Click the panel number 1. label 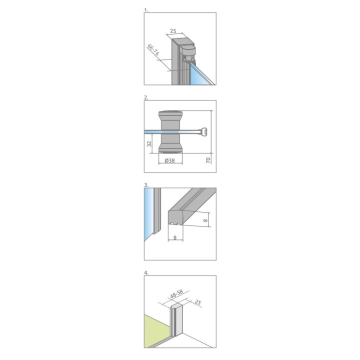[x=146, y=10]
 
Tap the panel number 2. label [x=146, y=97]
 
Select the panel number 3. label [x=146, y=185]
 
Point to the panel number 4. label [x=146, y=273]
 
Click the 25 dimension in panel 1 [x=173, y=31]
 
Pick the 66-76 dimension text [x=153, y=50]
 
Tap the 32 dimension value [x=149, y=143]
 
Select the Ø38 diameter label [x=169, y=160]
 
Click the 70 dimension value [x=208, y=160]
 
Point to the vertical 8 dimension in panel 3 [x=205, y=220]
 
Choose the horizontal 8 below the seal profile [x=175, y=238]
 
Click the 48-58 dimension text [x=176, y=294]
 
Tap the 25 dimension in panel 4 [x=197, y=302]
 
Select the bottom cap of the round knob [x=170, y=148]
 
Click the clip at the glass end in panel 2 [x=204, y=132]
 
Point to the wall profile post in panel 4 [x=176, y=318]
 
